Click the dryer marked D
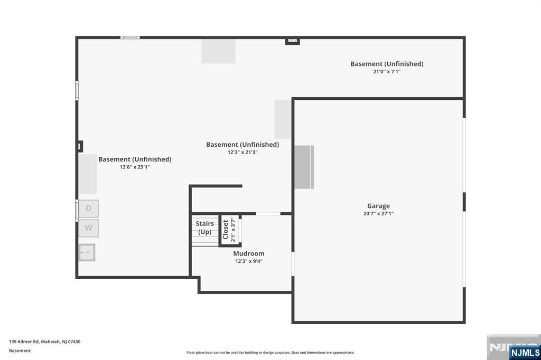pos(89,209)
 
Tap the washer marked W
pos(89,228)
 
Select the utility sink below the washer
pos(87,252)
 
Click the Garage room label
pos(378,206)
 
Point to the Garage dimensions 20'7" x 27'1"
pos(378,213)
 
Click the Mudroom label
pos(249,253)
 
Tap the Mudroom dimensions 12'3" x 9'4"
pos(249,261)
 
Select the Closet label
pos(226,230)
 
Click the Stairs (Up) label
pos(204,228)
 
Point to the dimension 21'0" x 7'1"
pos(387,71)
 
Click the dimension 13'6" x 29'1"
pos(135,167)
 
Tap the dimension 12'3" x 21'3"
pos(242,152)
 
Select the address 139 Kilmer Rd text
pos(45,342)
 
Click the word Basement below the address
pos(20,350)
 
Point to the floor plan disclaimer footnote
pos(270,353)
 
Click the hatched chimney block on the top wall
pos(293,41)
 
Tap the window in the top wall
pos(130,37)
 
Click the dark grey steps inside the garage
pos(304,167)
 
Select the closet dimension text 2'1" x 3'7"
pos(233,230)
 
